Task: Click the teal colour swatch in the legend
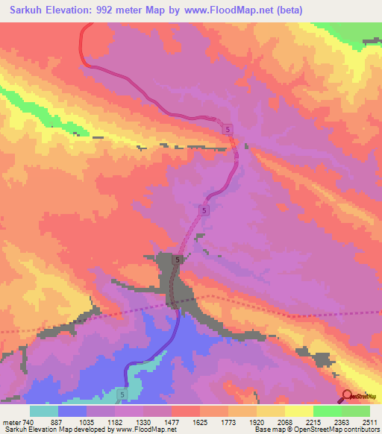44,411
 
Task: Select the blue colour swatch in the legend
72,411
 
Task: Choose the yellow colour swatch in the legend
298,411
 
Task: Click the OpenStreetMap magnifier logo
347,396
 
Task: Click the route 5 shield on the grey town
178,260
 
